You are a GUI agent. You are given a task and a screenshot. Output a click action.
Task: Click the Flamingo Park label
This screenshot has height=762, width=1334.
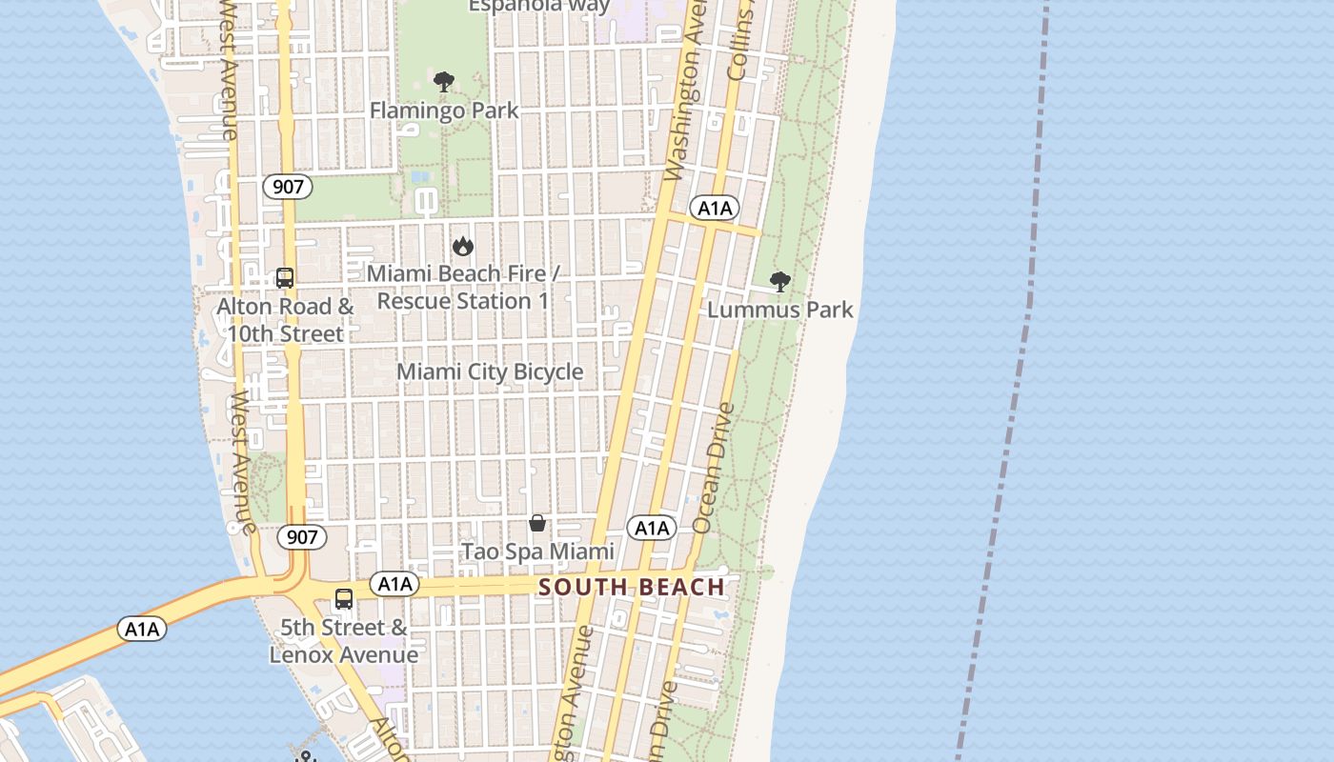tap(444, 110)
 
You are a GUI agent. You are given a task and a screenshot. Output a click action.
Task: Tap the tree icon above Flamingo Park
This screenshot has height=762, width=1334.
tap(444, 82)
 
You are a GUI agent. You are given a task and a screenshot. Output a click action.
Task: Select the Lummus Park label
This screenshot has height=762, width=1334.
tap(780, 310)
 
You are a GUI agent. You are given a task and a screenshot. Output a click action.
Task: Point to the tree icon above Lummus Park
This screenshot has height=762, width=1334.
tap(780, 282)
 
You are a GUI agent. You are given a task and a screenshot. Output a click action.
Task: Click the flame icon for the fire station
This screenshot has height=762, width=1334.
tap(463, 247)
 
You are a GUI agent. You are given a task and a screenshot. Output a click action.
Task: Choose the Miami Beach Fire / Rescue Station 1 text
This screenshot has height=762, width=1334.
tap(463, 288)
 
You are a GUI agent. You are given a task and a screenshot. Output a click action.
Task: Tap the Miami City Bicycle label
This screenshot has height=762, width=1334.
tap(490, 371)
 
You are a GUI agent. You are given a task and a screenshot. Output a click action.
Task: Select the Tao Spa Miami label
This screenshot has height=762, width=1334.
tap(538, 551)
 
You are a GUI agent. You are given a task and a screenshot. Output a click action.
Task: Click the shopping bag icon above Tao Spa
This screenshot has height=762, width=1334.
tap(537, 523)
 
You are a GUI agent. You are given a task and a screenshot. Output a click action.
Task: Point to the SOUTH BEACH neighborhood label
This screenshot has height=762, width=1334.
tap(632, 587)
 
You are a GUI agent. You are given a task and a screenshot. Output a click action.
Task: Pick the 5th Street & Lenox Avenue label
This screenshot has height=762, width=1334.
tap(344, 641)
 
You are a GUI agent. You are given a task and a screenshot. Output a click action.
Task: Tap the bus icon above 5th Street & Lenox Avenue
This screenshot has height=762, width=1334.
tap(344, 600)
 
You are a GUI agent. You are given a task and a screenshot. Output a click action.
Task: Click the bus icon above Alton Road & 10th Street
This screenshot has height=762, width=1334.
tap(285, 278)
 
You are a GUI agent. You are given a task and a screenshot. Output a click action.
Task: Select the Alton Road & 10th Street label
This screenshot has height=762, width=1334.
tap(285, 320)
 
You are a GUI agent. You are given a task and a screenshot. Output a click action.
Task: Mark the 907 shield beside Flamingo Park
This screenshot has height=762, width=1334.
tap(288, 187)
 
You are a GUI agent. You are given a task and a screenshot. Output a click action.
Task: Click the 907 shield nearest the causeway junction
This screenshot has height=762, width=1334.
tap(302, 537)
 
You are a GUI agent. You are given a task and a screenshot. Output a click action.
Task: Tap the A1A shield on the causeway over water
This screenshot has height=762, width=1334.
tap(142, 629)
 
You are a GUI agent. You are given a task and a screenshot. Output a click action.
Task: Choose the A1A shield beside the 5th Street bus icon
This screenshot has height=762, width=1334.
tap(394, 584)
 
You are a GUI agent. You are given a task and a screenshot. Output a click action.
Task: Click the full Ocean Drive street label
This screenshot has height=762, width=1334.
tap(716, 468)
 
